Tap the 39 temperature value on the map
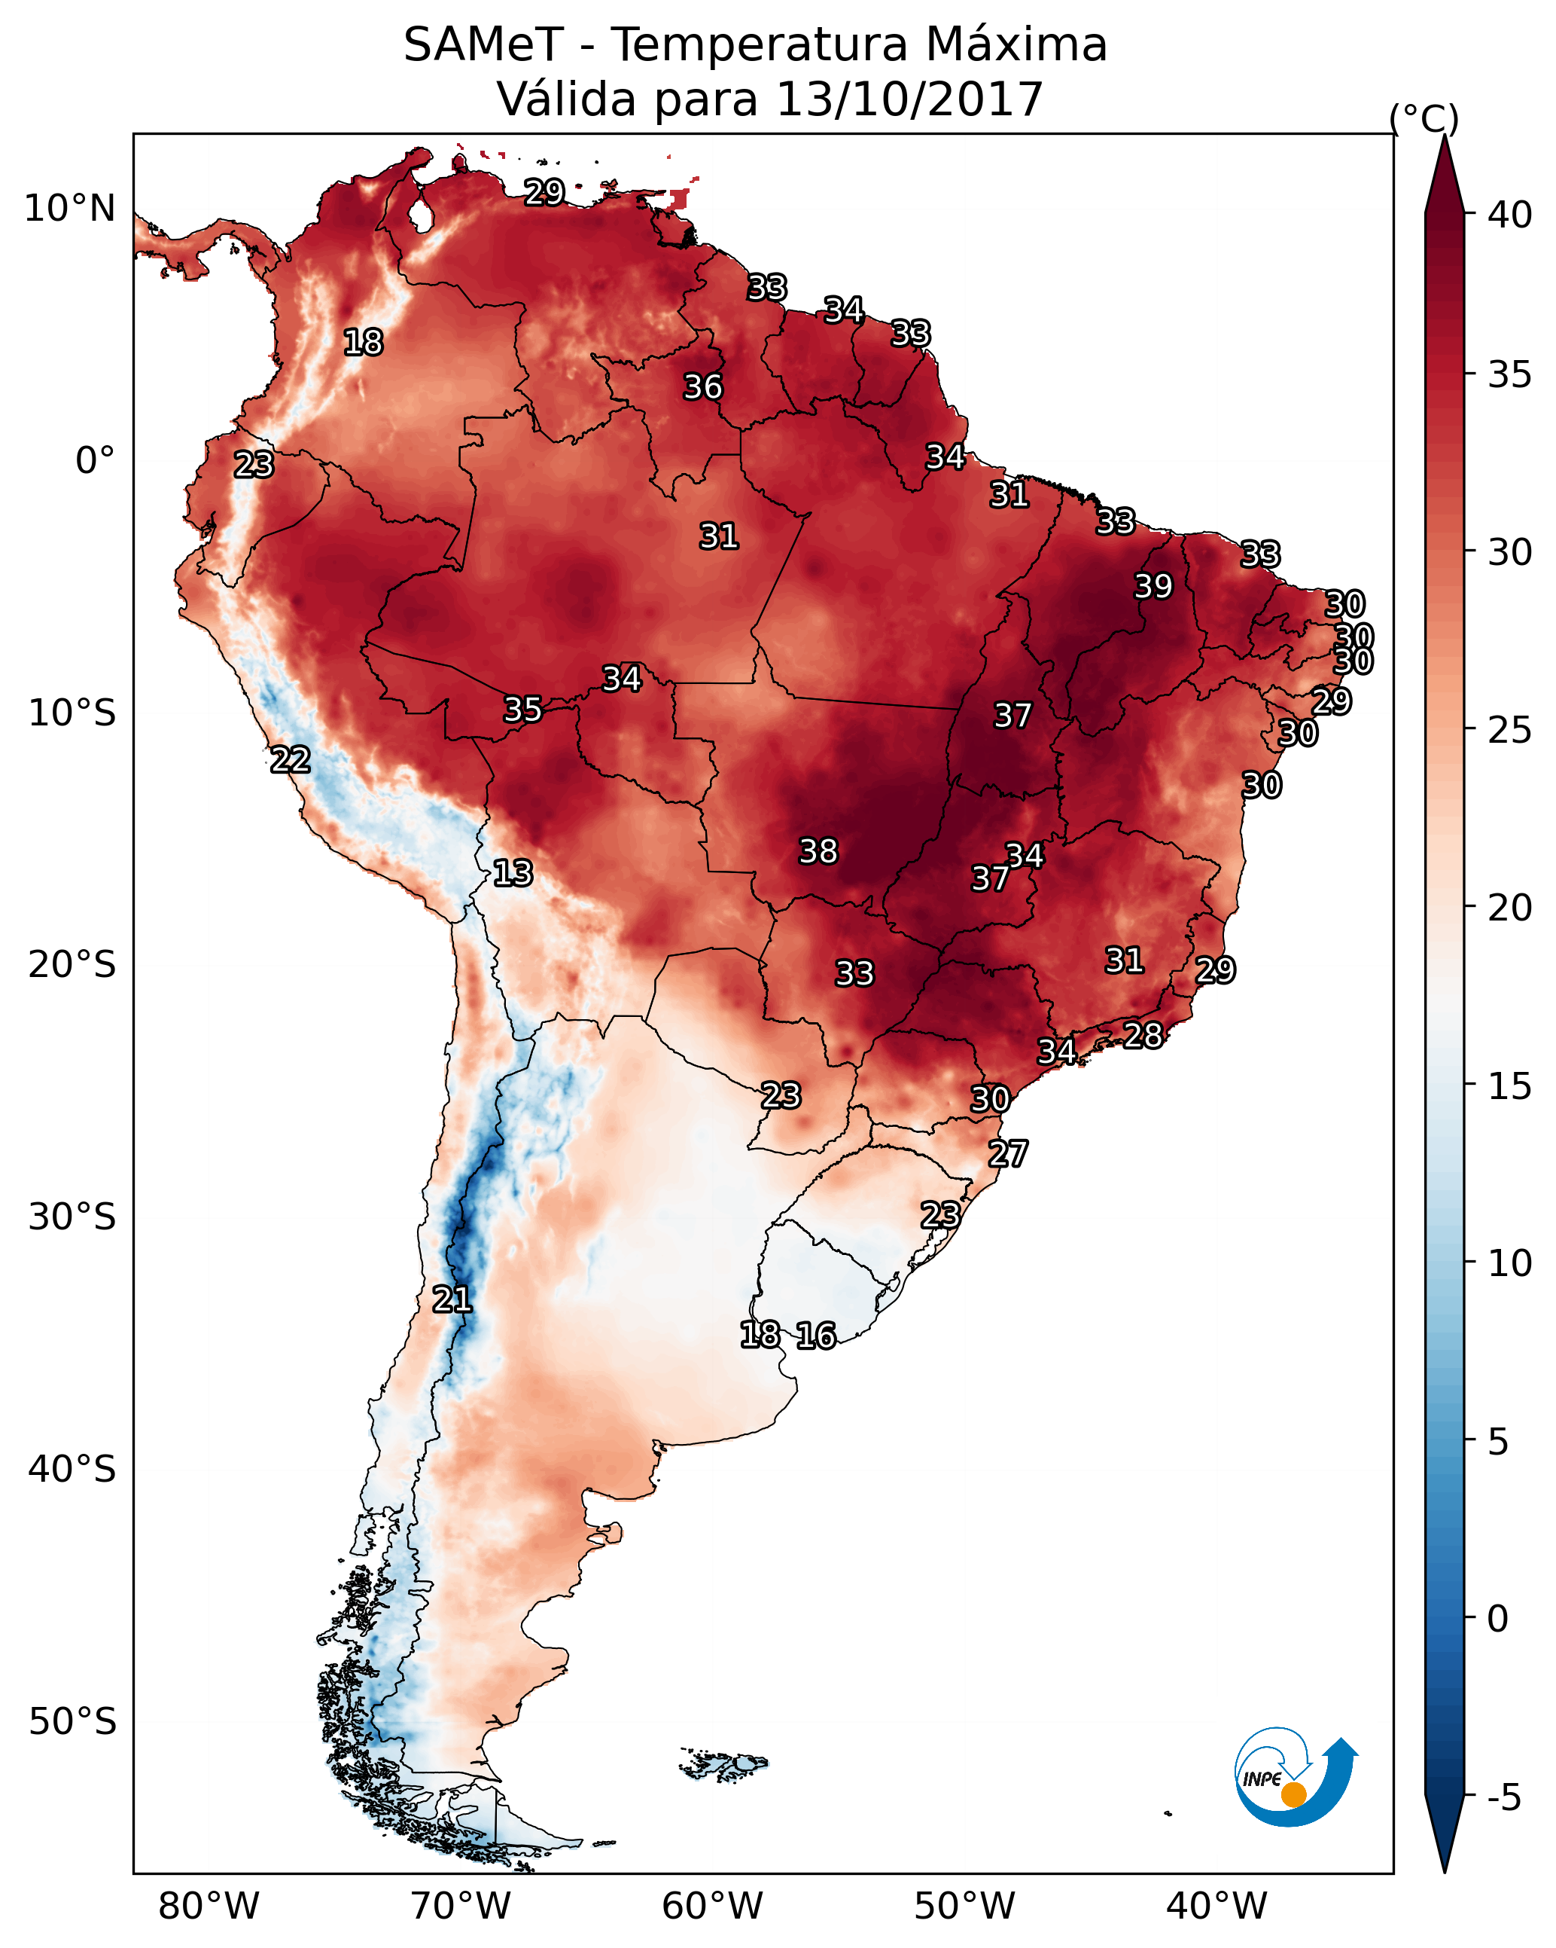1153,586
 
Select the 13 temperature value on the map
513,873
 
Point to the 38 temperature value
818,851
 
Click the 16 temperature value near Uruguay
815,1336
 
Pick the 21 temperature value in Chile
452,1299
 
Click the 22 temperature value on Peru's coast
290,760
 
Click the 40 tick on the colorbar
1509,215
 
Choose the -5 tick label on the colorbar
1503,1798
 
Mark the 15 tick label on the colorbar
1509,1086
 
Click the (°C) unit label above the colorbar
1424,118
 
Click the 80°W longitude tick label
209,1906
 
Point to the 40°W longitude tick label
1216,1906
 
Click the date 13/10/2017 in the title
909,99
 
